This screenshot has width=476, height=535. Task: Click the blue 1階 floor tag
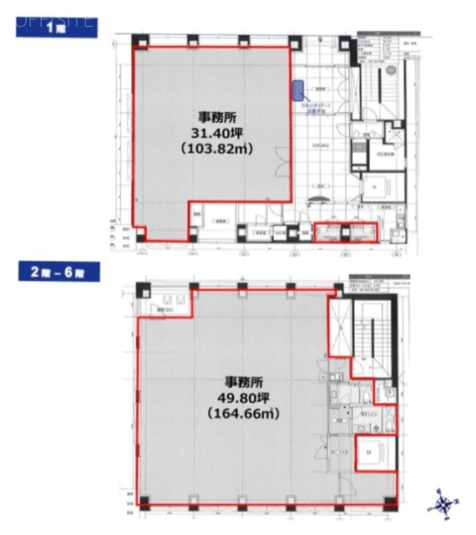click(55, 27)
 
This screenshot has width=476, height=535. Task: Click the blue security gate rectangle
click(296, 88)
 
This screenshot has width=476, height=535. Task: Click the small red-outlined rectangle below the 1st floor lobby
click(344, 232)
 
